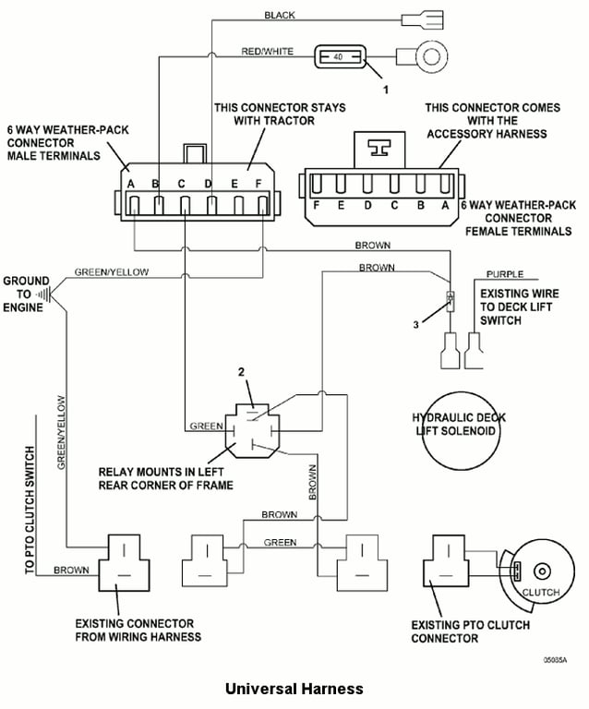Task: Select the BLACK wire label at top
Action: [280, 16]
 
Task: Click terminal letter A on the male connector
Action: [132, 184]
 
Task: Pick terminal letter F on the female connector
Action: [316, 205]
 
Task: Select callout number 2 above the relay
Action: [242, 372]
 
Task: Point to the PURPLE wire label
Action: [505, 274]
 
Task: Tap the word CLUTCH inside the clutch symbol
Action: [541, 591]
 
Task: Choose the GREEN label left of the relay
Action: [206, 427]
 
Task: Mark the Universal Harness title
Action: [294, 689]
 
